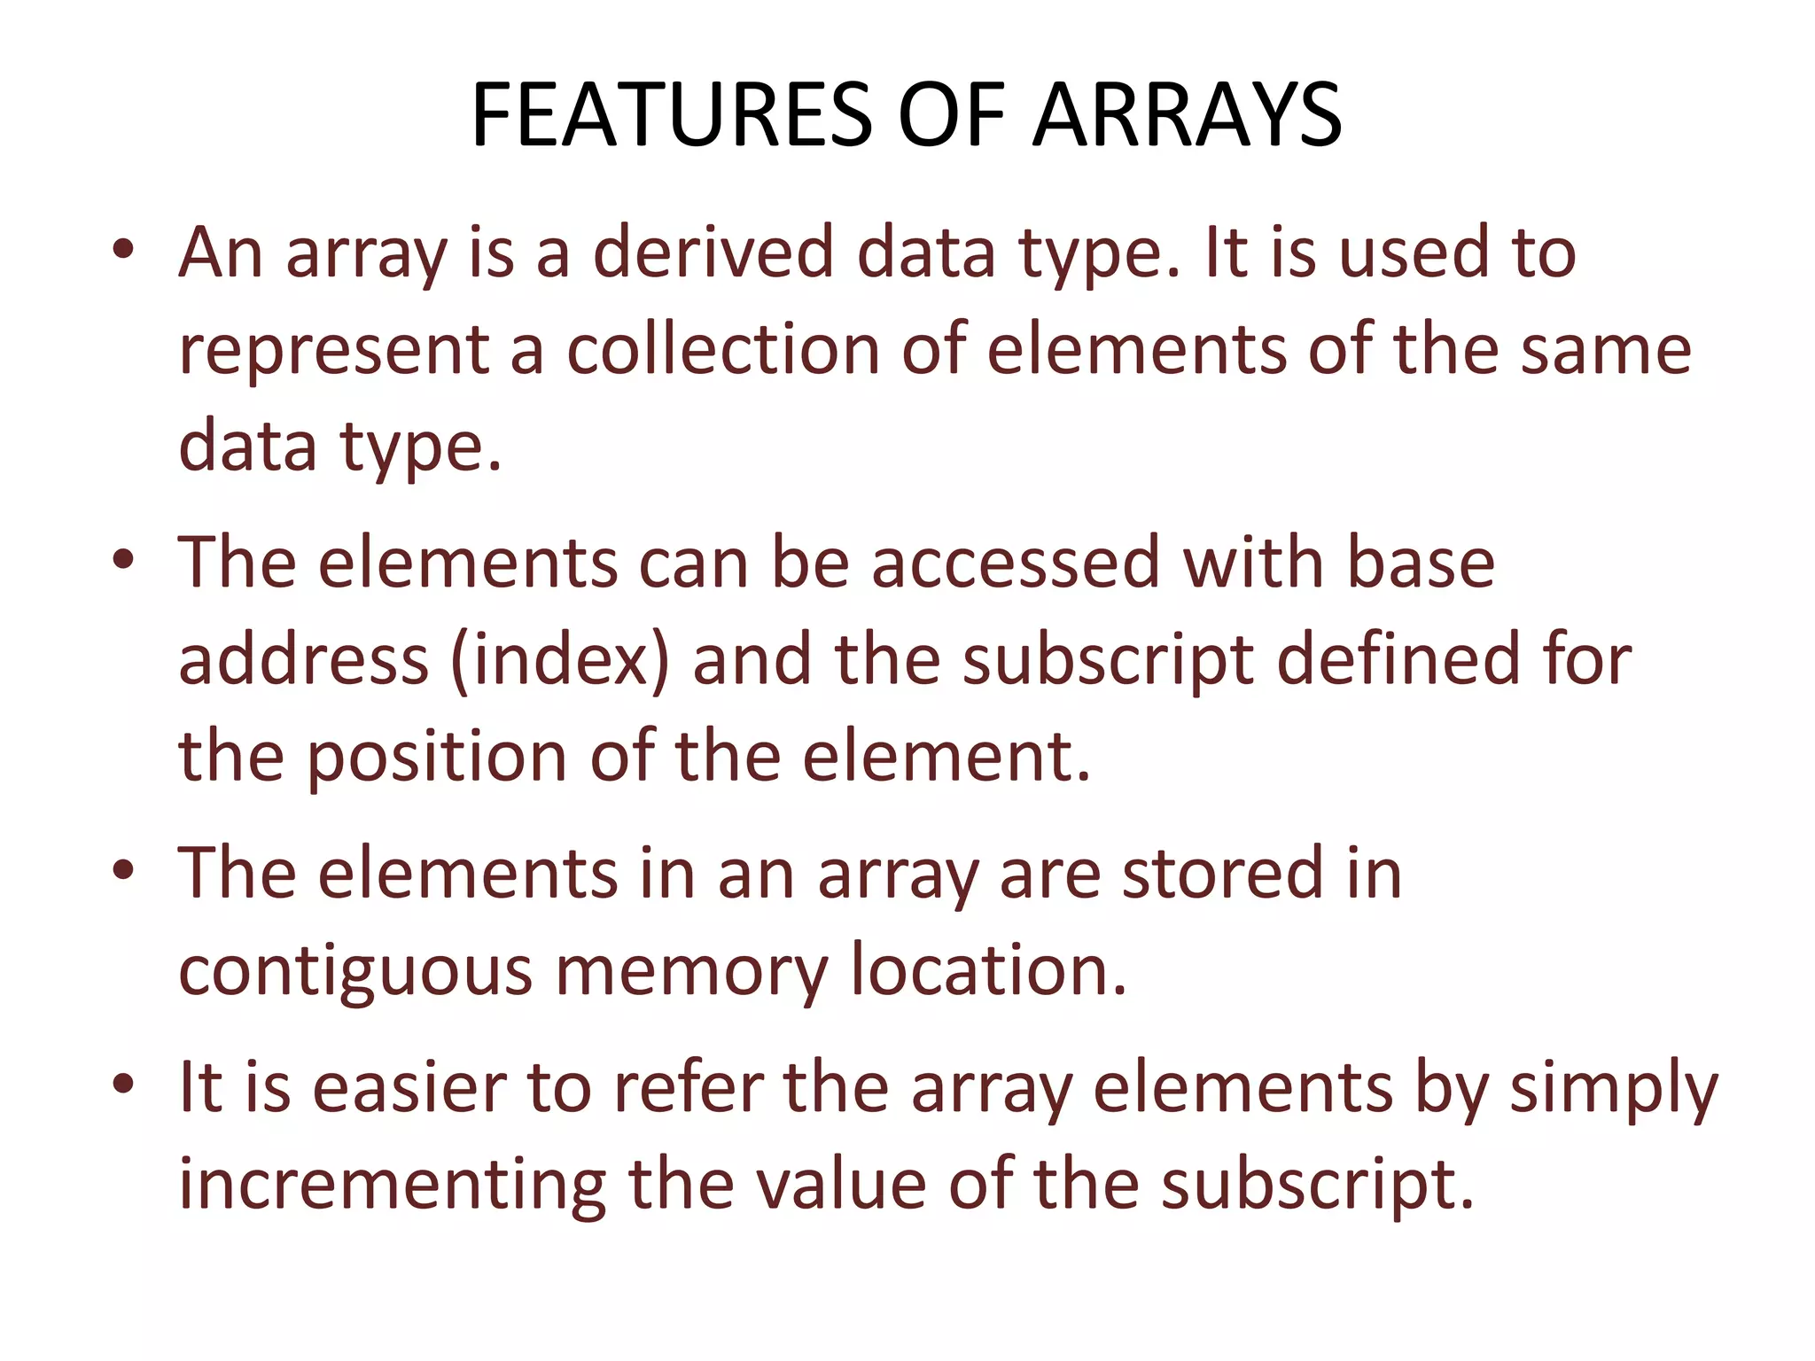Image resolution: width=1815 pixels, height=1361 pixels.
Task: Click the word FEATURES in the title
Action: [673, 115]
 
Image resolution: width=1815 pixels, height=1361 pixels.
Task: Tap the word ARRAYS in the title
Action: [1188, 115]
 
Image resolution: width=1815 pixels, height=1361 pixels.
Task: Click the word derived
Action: [713, 253]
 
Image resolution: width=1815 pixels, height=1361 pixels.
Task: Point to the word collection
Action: [723, 349]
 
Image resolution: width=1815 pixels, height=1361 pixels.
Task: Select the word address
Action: [304, 660]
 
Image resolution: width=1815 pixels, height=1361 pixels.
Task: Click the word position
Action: [437, 758]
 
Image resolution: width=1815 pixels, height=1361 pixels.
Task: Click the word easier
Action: [409, 1088]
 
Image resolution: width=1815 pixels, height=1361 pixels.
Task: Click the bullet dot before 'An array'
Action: [123, 250]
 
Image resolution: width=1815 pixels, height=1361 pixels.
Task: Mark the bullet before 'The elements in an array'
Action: [123, 870]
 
